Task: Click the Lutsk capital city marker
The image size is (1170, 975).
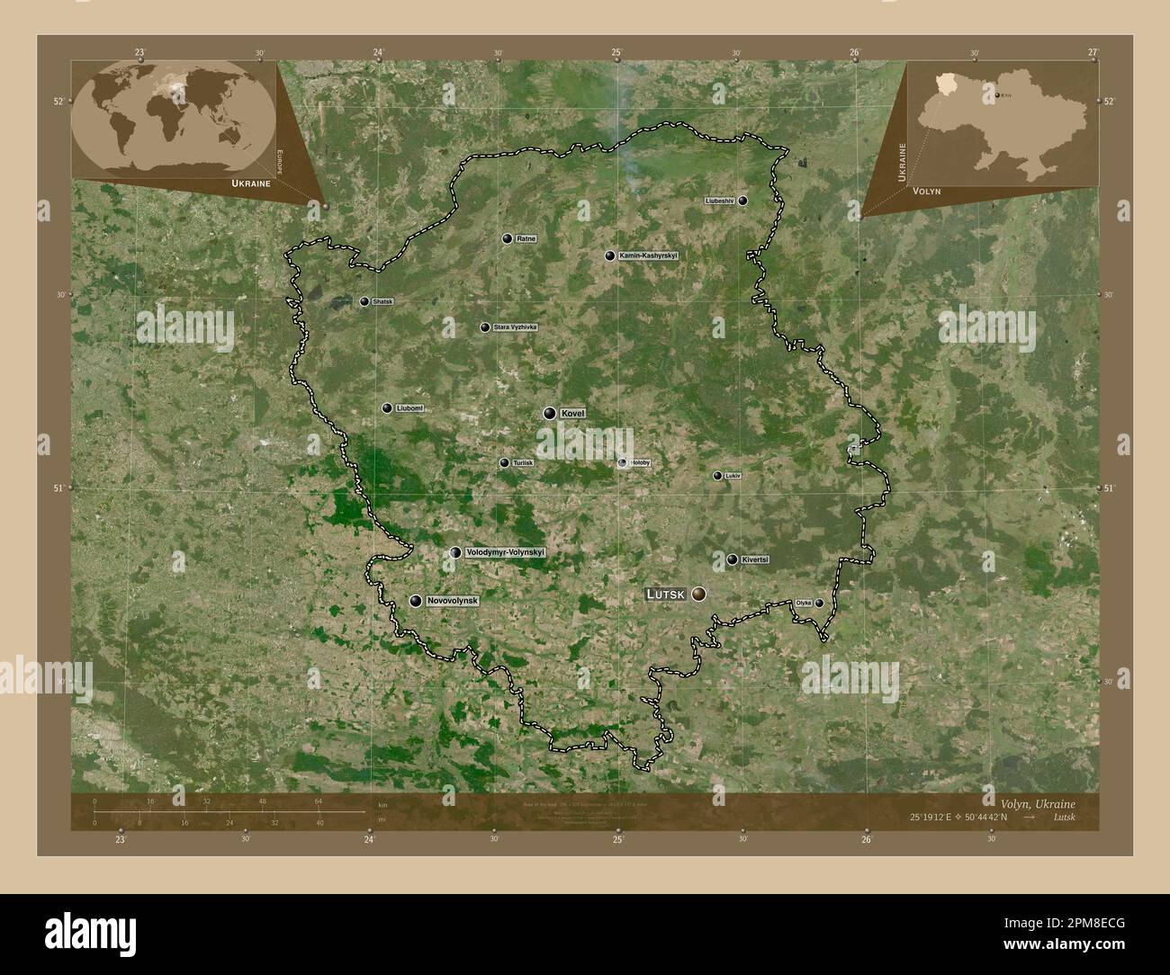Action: pyautogui.click(x=697, y=594)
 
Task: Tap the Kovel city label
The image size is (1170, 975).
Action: pyautogui.click(x=572, y=413)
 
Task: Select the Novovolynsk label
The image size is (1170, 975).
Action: pyautogui.click(x=453, y=600)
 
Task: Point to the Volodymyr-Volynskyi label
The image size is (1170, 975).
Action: pyautogui.click(x=506, y=552)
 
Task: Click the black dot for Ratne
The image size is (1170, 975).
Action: pyautogui.click(x=508, y=238)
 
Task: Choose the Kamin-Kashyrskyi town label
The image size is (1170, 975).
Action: pyautogui.click(x=648, y=255)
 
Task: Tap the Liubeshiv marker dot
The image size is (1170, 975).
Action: pyautogui.click(x=742, y=201)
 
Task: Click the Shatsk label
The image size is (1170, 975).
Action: pyautogui.click(x=382, y=302)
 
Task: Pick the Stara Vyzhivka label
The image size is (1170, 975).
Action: pyautogui.click(x=514, y=327)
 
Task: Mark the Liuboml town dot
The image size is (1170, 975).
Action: pyautogui.click(x=387, y=408)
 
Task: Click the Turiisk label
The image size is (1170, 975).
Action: pyautogui.click(x=523, y=462)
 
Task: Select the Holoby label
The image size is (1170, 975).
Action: pyautogui.click(x=640, y=462)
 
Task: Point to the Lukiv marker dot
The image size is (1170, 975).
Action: pyautogui.click(x=717, y=476)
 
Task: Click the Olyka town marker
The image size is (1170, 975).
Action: pyautogui.click(x=819, y=603)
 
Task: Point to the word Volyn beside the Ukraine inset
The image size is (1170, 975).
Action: pyautogui.click(x=926, y=192)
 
